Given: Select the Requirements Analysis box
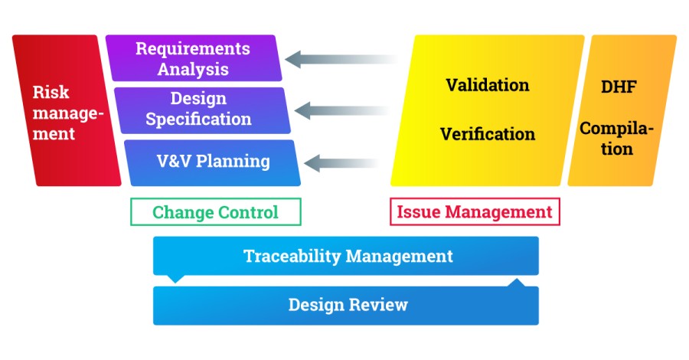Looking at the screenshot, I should pos(193,58).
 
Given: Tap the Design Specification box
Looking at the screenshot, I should pos(199,110).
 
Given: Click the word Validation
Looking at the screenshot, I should pos(487,85).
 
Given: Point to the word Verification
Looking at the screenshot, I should pos(487,134).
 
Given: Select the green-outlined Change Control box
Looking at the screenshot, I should pos(215,212).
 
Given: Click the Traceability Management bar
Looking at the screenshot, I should pos(346,256).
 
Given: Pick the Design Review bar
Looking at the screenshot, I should pos(346,305).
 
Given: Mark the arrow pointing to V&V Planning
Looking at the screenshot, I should pos(351,162).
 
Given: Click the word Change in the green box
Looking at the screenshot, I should pos(183,212).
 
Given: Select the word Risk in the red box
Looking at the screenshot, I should pos(51,93).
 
